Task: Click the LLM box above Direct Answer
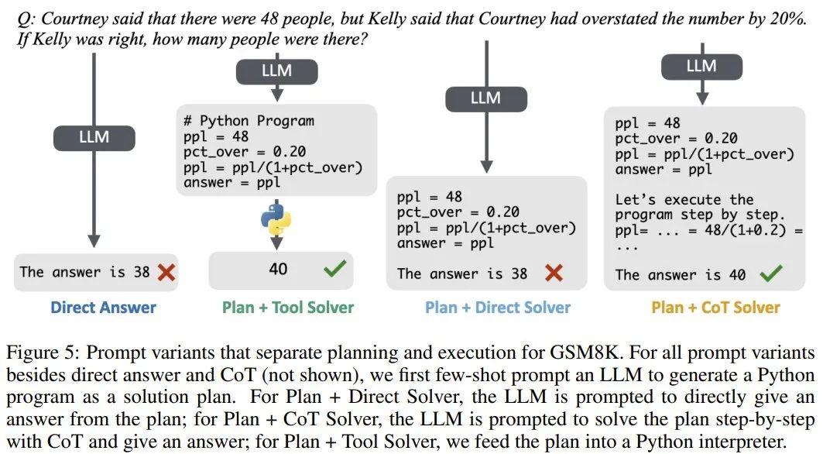(x=94, y=138)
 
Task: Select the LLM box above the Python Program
(x=276, y=71)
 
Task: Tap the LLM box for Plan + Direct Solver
(x=485, y=98)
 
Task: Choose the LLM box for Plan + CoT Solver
(x=701, y=67)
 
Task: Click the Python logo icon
(x=276, y=219)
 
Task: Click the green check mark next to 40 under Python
(x=335, y=269)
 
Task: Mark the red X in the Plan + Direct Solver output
(x=554, y=273)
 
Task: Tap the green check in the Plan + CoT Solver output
(x=771, y=273)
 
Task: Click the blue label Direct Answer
(x=103, y=308)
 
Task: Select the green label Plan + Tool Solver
(x=288, y=308)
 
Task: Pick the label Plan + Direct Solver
(x=498, y=308)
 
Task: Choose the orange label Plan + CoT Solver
(x=715, y=308)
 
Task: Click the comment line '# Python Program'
(x=249, y=121)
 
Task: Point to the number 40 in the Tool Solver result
(x=278, y=269)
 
